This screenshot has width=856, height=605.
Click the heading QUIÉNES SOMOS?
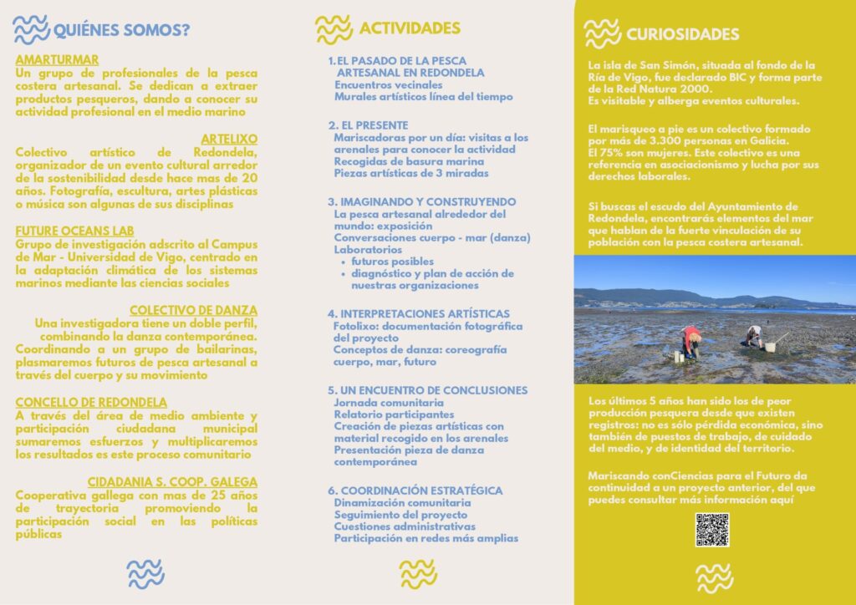tap(121, 32)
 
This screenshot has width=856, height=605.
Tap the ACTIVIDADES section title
tap(410, 28)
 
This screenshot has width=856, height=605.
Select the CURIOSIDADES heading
tap(682, 34)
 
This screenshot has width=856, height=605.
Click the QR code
tap(712, 530)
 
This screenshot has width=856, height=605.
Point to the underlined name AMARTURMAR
tap(57, 59)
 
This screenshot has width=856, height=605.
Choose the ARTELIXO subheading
tap(229, 139)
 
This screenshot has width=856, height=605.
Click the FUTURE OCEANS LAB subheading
tap(74, 231)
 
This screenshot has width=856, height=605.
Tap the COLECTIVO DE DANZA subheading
tap(193, 310)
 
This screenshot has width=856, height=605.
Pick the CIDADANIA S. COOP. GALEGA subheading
tap(172, 482)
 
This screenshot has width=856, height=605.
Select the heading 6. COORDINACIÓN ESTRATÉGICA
tap(415, 490)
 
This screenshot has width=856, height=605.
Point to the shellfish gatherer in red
tap(690, 342)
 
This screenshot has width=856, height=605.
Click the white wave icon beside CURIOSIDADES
tap(602, 33)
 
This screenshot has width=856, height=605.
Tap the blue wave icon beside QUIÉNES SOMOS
tap(32, 30)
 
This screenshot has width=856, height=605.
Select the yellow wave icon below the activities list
tap(418, 573)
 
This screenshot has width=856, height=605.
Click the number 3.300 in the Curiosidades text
tap(653, 141)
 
